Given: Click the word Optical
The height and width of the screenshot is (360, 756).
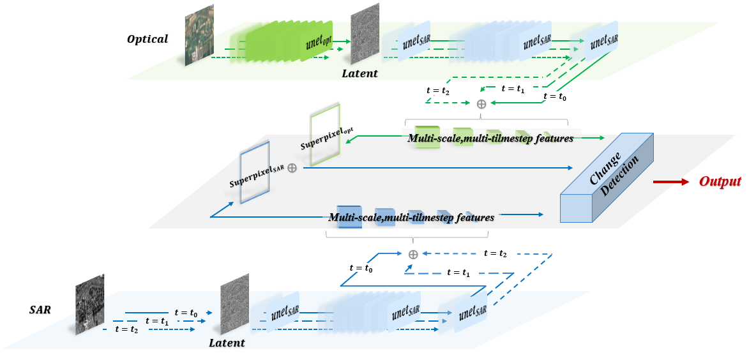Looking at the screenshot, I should (147, 39).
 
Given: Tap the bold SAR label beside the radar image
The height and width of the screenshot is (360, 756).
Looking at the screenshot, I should (40, 310).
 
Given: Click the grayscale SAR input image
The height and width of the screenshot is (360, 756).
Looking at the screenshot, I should (89, 305).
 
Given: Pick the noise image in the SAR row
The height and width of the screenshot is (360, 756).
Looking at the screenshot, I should (234, 308).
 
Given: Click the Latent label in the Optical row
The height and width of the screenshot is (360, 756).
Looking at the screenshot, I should (360, 73).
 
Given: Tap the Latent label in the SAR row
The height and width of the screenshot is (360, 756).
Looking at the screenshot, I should (227, 343).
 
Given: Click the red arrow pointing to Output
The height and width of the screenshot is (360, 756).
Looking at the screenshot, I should (671, 182).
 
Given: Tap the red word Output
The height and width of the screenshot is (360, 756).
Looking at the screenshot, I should (720, 182).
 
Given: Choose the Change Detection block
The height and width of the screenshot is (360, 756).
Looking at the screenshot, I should (606, 178).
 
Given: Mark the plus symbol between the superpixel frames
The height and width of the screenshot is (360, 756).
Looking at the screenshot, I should (292, 168).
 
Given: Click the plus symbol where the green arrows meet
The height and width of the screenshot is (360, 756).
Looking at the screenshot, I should (481, 104).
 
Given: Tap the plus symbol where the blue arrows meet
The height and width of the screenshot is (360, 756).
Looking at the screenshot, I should (413, 254).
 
